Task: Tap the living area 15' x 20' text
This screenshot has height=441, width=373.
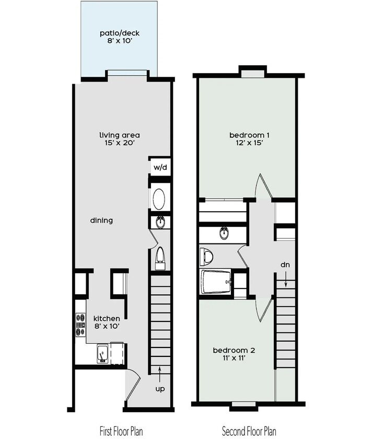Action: [120, 139]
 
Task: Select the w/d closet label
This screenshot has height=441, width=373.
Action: [159, 168]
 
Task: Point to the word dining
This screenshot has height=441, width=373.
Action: [101, 220]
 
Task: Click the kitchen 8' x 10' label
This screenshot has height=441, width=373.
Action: [107, 322]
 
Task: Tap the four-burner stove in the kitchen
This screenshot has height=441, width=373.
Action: [80, 324]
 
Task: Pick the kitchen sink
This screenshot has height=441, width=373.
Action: [102, 354]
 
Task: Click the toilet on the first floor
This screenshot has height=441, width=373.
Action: [160, 257]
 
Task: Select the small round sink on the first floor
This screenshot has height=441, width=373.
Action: [160, 222]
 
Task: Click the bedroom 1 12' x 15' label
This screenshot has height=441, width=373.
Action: [246, 139]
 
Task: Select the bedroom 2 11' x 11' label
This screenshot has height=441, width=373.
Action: [234, 354]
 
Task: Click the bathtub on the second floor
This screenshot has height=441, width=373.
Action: [216, 282]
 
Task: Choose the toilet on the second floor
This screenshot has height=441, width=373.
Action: [207, 256]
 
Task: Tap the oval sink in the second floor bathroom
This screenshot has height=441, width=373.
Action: [224, 234]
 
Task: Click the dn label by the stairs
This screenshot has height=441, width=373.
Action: [285, 265]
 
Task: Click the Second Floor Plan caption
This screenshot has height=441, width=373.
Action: [249, 432]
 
